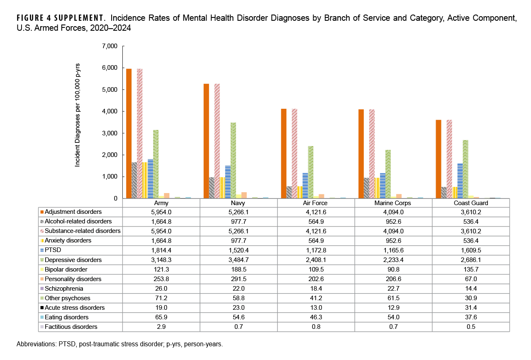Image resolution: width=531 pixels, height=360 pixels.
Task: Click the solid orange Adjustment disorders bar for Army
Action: coord(129,133)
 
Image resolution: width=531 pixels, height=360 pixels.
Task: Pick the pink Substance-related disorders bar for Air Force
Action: coord(294,153)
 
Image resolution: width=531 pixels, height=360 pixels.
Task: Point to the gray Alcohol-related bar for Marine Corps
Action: coord(366,188)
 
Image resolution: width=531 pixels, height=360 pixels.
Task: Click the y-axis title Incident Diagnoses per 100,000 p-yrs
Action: coord(78,115)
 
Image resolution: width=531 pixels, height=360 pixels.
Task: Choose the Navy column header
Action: coord(238,203)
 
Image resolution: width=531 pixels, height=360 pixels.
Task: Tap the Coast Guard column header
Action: coord(470,203)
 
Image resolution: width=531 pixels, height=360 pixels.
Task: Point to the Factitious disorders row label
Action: coord(71,327)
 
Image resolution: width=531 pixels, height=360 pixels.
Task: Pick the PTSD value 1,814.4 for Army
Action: coord(161,250)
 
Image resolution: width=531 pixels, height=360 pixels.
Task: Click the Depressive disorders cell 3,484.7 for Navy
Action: coord(238,260)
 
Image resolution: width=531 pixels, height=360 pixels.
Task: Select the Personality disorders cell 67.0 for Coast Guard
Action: coord(470,279)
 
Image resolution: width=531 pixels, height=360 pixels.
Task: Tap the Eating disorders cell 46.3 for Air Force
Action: coord(316,317)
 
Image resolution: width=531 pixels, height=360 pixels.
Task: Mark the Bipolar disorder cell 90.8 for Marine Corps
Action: coord(393,269)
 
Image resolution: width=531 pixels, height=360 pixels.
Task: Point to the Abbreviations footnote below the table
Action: coord(120,345)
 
